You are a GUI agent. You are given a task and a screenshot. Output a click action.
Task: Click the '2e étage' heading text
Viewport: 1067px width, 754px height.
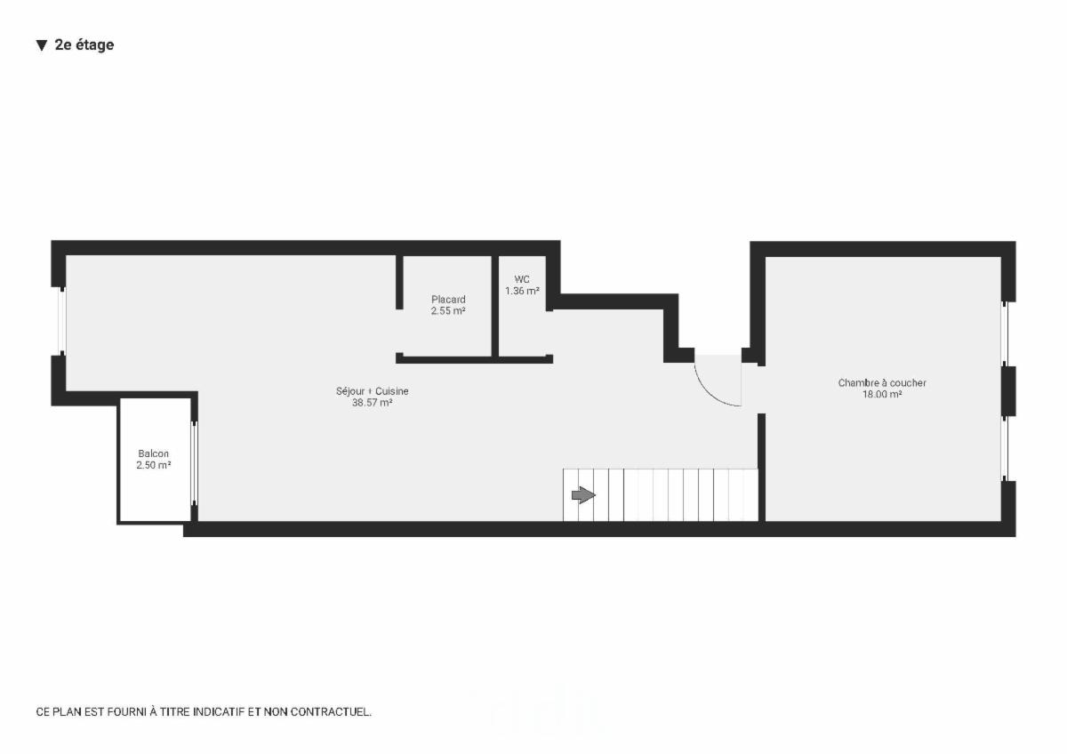coord(84,45)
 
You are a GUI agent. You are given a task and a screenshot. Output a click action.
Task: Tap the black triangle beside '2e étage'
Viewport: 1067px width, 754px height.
coord(41,45)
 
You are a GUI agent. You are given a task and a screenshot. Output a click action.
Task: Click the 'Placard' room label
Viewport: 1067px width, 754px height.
coord(448,300)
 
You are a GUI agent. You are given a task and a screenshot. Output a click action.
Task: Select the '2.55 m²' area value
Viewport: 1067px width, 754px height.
coord(448,311)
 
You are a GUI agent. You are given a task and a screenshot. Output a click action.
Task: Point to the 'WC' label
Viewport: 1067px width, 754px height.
coord(522,279)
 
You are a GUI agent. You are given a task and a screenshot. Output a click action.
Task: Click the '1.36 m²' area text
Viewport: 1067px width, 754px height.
coord(522,291)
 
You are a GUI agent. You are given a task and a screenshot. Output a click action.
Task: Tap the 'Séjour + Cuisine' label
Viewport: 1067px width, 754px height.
coord(373,391)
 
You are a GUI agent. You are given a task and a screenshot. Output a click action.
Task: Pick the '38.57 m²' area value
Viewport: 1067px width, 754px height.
coord(373,403)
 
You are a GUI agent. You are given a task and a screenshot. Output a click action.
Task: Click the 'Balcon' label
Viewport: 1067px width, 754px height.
coord(153,453)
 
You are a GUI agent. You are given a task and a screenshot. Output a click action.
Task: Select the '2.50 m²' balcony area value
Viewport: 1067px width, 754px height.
coord(153,465)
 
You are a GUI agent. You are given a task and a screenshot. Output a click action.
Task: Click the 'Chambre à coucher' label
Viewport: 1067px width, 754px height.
coord(882,383)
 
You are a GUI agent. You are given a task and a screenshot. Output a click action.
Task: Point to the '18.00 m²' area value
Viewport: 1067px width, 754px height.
coord(882,395)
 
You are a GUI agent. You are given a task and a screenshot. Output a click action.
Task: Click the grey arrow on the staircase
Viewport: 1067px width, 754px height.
coord(583,495)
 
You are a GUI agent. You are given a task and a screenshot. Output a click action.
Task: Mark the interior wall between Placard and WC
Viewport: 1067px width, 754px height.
coord(495,307)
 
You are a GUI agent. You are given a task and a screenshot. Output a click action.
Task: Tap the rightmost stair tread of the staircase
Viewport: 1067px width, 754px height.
coord(750,495)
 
